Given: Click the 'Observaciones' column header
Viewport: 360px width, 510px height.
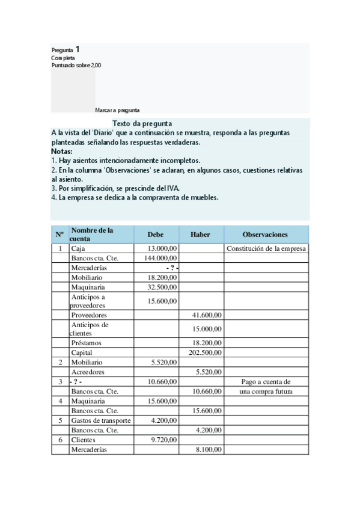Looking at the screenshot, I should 265,235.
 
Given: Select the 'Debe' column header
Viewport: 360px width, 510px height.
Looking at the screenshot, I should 155,235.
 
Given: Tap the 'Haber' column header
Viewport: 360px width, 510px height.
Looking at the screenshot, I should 200,235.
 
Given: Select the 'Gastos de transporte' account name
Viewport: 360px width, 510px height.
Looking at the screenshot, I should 100,420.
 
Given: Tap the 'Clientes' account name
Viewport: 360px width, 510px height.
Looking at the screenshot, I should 83,440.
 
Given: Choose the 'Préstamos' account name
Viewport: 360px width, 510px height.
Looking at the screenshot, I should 86,343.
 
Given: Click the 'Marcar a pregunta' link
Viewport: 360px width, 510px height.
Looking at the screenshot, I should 117,110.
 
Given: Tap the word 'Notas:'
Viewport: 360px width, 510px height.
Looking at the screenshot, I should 61,152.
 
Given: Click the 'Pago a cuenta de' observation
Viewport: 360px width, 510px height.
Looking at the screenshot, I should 266,382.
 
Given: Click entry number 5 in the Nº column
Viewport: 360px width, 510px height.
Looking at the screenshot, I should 59,420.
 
